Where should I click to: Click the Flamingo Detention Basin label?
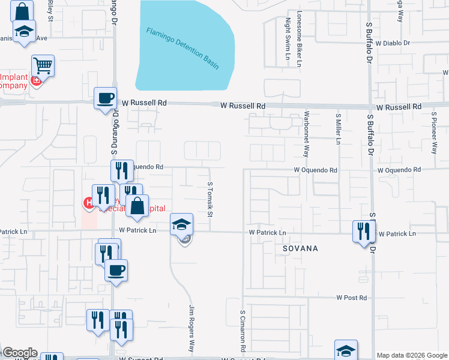[182, 48]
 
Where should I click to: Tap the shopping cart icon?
[43, 65]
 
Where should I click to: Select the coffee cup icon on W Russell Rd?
[106, 98]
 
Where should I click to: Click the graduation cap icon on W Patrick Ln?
[181, 224]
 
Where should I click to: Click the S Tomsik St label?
[210, 200]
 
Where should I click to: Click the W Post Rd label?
[351, 298]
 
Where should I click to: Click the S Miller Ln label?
[339, 129]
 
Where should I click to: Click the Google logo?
[20, 353]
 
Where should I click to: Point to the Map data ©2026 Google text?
[412, 355]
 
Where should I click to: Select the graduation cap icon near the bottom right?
[346, 350]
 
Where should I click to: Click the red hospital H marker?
[88, 203]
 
